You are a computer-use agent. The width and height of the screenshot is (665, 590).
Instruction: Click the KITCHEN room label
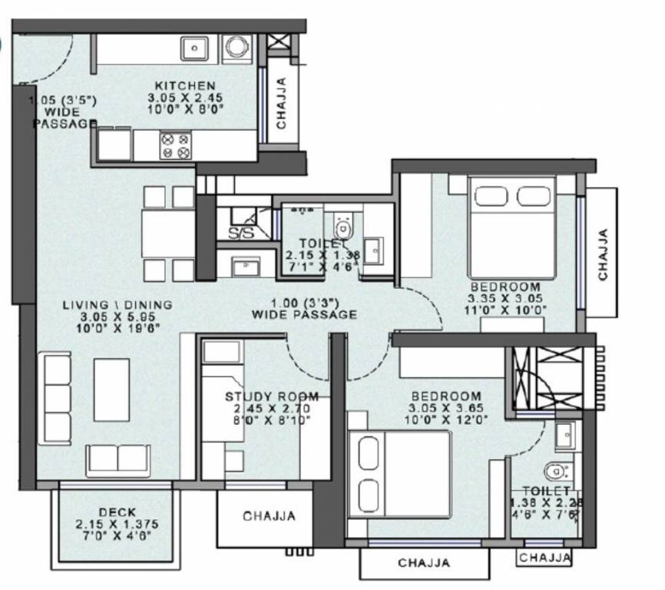(185, 85)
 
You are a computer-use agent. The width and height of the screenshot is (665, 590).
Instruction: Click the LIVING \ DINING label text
(117, 305)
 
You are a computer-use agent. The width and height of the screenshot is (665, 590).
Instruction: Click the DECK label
(117, 512)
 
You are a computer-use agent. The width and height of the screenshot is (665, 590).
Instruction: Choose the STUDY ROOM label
(260, 396)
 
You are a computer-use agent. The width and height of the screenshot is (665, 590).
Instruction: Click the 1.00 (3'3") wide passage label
(304, 308)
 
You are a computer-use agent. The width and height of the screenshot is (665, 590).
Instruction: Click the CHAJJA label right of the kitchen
(282, 102)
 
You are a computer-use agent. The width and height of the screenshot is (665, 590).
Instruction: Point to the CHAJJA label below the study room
(269, 516)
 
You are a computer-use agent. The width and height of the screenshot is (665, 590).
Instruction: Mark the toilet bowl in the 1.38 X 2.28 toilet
(554, 470)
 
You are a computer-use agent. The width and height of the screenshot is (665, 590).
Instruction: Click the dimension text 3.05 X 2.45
(185, 98)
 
